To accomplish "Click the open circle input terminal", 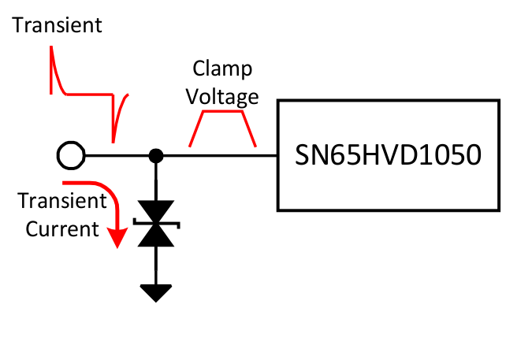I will point(70,156).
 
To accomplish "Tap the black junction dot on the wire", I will point(157,156).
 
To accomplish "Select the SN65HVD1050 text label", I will point(388,155).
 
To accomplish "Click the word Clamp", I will point(225,70).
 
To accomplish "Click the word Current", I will point(62,229).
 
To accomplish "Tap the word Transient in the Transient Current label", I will point(62,201).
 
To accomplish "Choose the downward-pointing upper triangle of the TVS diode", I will point(157,211).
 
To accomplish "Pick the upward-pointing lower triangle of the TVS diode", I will point(157,236).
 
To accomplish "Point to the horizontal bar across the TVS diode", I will point(157,223).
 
